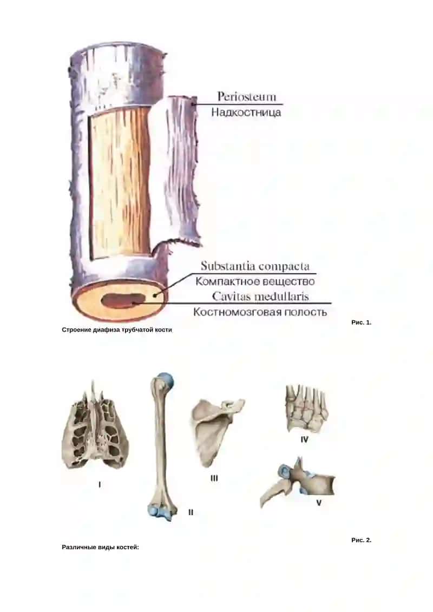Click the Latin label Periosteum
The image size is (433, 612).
pos(246,96)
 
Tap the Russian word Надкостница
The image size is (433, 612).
pos(246,113)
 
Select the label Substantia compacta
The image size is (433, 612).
pos(255,266)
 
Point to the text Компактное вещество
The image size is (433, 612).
pos(255,281)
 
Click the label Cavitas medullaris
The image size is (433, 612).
pos(260,297)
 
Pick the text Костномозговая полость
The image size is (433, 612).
pos(260,312)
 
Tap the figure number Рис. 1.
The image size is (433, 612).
pos(361,323)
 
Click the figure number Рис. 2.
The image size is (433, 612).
pos(361,540)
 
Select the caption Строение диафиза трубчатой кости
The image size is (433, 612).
pos(117,330)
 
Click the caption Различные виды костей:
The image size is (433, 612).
pos(100,547)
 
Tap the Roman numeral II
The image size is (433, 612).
pos(191,512)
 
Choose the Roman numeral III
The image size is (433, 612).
pos(214,478)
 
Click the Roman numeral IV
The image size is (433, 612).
pos(304,439)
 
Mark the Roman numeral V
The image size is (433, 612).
pos(319,503)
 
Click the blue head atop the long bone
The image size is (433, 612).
pos(166,380)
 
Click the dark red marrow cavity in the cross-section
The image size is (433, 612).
pos(123,301)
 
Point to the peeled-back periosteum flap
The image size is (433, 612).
pos(181,170)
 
